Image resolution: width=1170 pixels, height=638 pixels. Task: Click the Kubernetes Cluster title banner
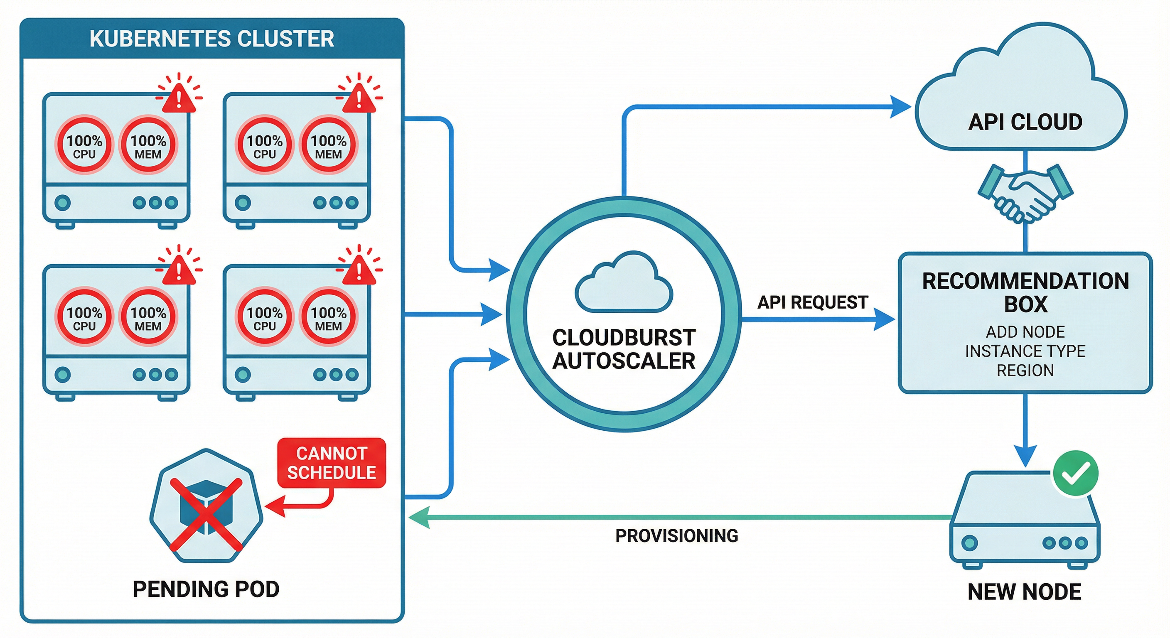[211, 39]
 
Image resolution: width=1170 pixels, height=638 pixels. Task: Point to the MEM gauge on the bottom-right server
[328, 317]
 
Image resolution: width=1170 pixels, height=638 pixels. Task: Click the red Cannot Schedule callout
[331, 463]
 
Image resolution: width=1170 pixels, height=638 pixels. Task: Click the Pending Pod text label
[206, 589]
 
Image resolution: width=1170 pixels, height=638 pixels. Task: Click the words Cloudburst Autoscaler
[624, 349]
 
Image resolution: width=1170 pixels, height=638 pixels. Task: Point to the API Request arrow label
[813, 302]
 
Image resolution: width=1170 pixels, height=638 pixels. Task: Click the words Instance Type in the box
[1025, 351]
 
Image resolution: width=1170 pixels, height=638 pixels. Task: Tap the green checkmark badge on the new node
[1076, 473]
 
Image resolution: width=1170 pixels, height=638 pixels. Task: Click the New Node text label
[1024, 591]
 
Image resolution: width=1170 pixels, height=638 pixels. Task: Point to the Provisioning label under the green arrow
[676, 536]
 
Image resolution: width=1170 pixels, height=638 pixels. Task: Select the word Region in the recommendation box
[1025, 371]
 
